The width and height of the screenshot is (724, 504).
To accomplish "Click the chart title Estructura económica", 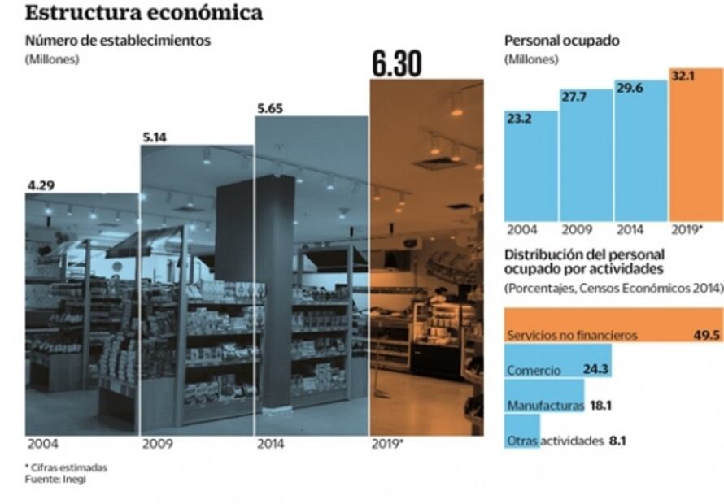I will point(144,13).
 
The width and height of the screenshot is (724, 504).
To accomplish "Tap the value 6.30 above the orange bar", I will point(396,64).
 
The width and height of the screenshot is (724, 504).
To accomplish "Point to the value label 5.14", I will point(155,137).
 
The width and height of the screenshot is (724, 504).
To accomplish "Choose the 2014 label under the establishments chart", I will point(270,445).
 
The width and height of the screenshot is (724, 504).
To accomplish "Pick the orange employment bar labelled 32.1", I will point(696,146).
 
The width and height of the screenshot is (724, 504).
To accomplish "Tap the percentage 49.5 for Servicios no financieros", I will point(704,334).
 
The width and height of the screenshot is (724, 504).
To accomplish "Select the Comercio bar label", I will point(534,371).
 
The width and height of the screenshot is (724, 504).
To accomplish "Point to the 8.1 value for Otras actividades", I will point(617,441).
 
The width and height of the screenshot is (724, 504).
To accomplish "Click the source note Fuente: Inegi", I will point(55,480).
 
